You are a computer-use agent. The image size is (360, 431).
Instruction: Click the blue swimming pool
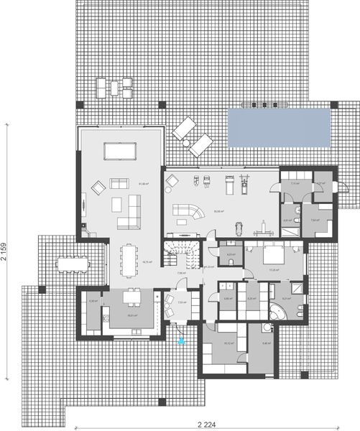coord(279,127)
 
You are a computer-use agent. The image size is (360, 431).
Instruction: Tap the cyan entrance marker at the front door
coord(181,340)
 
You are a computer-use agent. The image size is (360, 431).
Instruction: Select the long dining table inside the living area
coord(129,259)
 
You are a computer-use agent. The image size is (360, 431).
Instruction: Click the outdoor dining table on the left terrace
coord(72,264)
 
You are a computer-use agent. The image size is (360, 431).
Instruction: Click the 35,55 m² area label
coord(218,211)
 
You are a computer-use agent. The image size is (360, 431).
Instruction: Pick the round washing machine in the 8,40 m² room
coord(267,328)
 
